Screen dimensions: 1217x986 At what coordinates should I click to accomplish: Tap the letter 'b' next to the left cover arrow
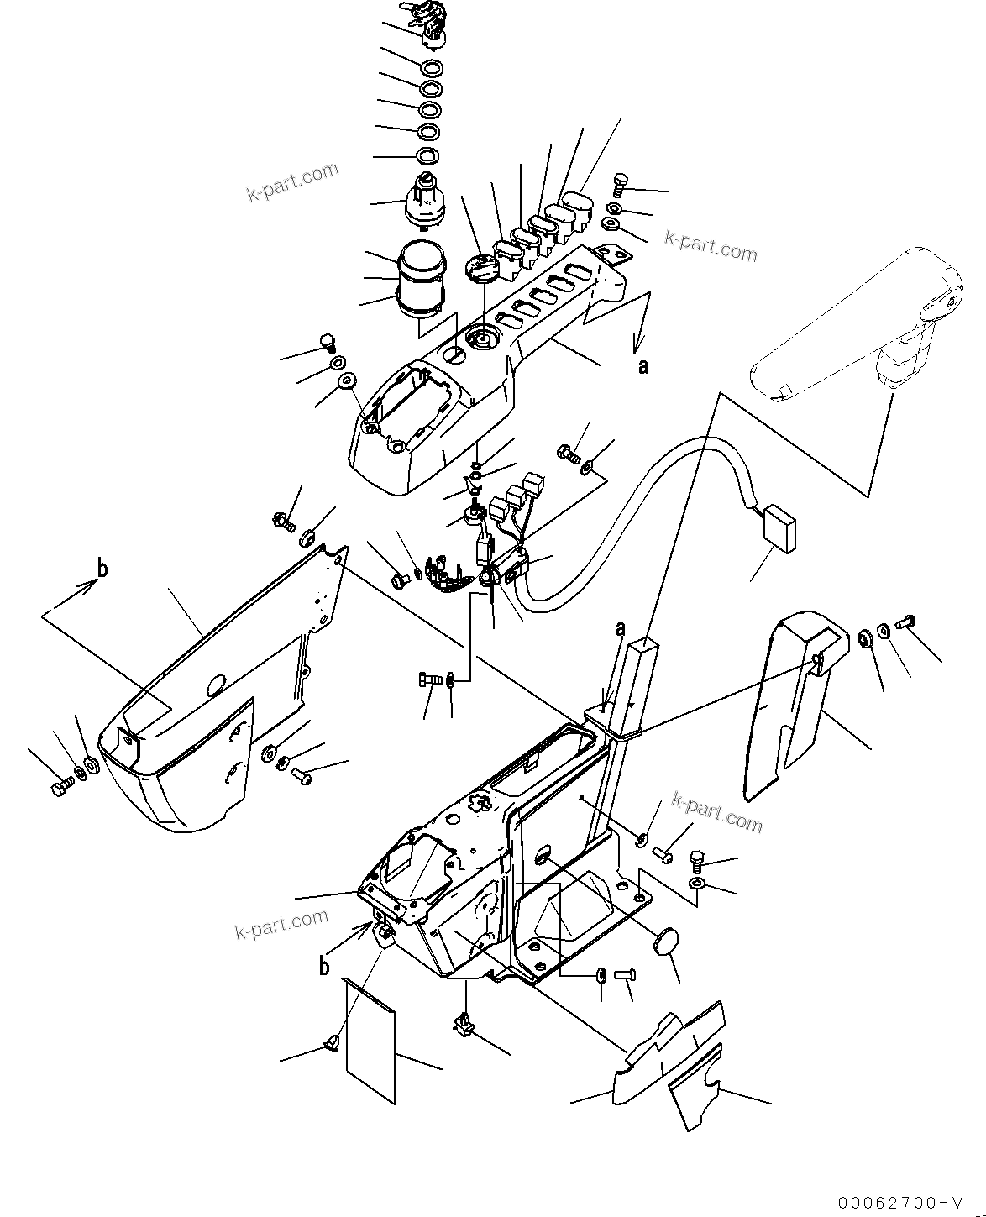(102, 569)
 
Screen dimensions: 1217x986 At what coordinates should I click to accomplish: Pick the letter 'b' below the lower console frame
(324, 967)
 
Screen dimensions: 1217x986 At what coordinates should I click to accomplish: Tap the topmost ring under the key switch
(431, 68)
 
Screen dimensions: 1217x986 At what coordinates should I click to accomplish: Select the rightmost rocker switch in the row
(580, 207)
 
